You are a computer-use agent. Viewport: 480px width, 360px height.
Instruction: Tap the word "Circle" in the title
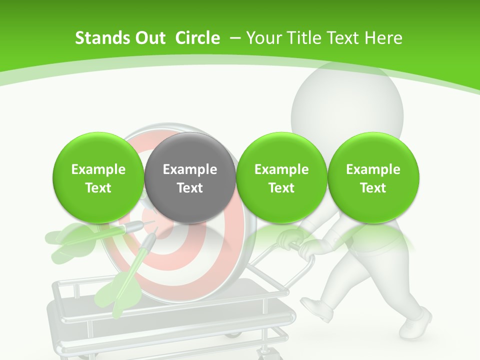197,38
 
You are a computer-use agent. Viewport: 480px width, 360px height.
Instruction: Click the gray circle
190,178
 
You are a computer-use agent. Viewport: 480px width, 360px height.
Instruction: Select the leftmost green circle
98,178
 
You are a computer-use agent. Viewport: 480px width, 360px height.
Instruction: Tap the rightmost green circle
373,178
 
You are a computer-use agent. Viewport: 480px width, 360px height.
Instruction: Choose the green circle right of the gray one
281,178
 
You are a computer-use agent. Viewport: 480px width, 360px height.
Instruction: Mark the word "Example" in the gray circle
190,169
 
